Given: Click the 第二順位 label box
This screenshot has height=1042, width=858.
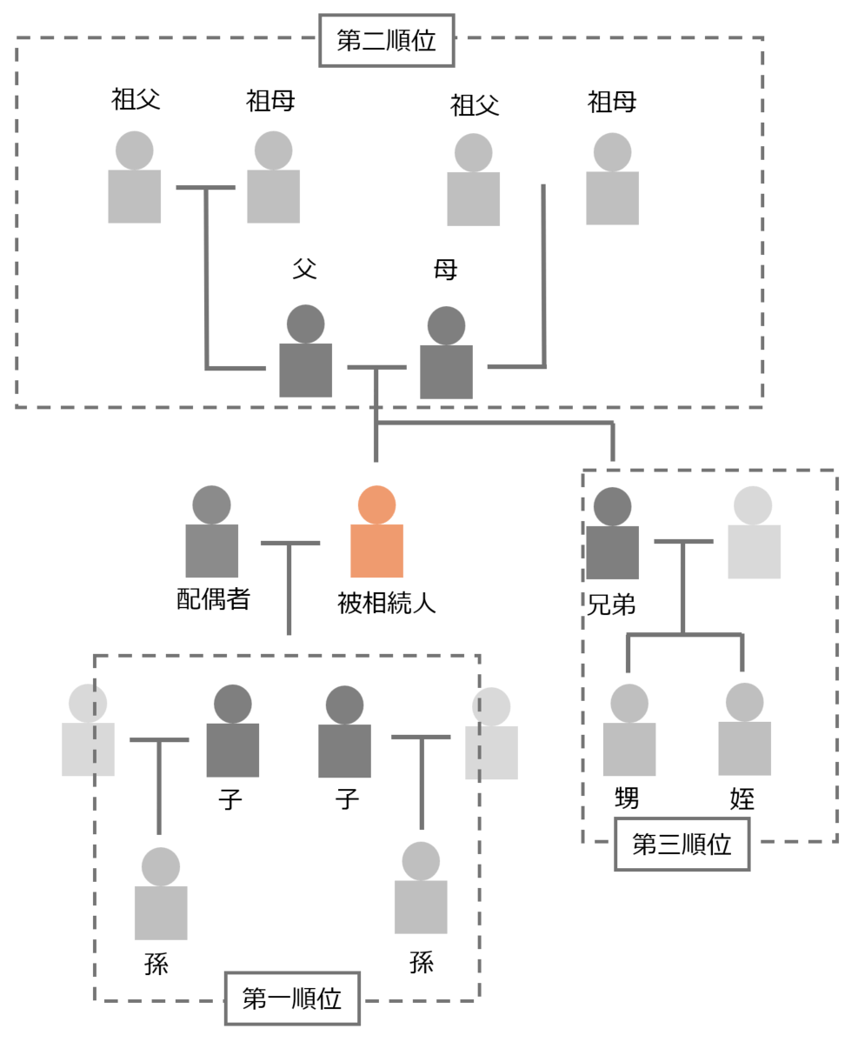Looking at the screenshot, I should coord(386,41).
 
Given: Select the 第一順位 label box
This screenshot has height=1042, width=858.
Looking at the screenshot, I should coord(292,999).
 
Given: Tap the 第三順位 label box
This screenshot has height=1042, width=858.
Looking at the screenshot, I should coord(682,844).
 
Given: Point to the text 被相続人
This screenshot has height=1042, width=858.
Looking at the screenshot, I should coord(386,603).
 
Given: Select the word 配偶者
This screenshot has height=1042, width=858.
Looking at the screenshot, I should coord(213,599).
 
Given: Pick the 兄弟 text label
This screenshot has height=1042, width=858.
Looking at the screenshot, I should coord(611,604).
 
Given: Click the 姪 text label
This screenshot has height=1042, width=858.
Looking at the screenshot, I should coord(742,798).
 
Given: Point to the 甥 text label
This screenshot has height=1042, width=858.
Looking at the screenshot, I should coord(627,798).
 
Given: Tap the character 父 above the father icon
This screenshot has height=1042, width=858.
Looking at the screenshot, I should coord(304,269).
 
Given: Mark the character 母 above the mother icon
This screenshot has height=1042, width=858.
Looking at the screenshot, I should coord(445,270).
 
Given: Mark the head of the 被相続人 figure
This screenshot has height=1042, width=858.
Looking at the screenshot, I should coord(376,504).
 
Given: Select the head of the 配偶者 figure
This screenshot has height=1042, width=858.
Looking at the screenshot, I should coord(211,504).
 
